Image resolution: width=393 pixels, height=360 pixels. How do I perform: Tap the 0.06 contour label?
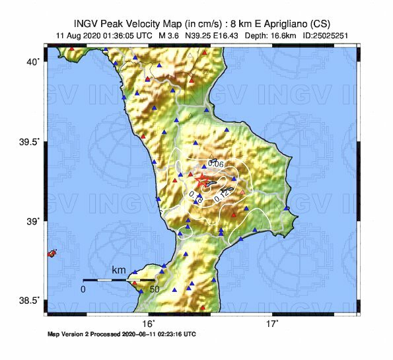coord(215,163)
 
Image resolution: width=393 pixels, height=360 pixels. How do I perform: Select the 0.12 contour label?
coord(222,196)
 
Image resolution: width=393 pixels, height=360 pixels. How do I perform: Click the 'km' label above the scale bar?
coord(119,270)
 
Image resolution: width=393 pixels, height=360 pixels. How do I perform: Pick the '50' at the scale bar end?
coord(155,289)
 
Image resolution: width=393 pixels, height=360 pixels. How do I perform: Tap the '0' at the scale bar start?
coord(83,289)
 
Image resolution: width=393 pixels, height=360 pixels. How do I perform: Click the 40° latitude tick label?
coord(34,61)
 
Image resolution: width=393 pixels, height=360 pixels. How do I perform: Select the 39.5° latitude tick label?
coord(30,141)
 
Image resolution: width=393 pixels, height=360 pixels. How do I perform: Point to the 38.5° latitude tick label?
coord(30,301)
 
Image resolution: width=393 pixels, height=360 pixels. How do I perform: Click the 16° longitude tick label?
coord(149,324)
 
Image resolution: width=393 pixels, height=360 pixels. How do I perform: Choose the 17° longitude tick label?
coord(271,324)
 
